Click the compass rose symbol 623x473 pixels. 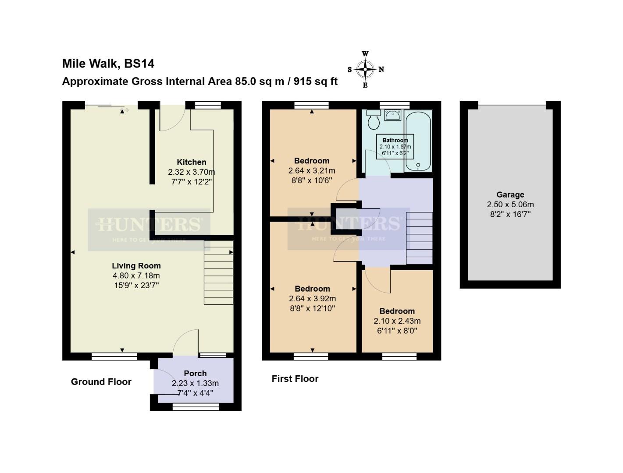(365, 69)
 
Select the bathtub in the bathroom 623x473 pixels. (418, 141)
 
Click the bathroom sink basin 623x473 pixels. (392, 115)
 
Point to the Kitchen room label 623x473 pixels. (191, 162)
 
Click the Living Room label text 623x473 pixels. (136, 266)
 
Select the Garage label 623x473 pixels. (510, 195)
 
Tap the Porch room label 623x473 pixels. (195, 374)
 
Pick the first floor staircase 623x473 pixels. (419, 238)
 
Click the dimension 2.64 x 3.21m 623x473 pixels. (312, 171)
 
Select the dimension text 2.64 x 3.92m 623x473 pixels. (312, 299)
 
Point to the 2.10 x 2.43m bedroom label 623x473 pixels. (397, 321)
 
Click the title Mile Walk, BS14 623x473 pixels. (108, 64)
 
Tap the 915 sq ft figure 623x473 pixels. (316, 81)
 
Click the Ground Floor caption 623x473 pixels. (101, 382)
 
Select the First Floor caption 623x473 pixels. (295, 379)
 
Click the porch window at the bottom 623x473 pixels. (196, 407)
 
